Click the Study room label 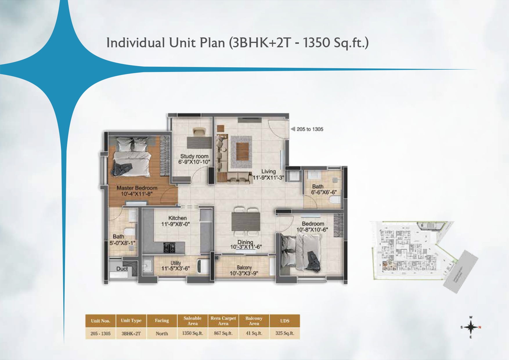pos(194,156)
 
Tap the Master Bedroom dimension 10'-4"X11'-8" pos(137,194)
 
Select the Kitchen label pos(177,218)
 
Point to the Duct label pos(122,269)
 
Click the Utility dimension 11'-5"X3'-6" pos(176,268)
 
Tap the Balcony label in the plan pos(244,267)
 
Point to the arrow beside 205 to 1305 pos(293,129)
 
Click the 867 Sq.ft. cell pos(223,333)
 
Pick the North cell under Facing pos(162,334)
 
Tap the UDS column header pos(284,321)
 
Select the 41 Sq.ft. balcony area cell pos(254,333)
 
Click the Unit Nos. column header pos(100,321)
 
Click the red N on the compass pos(480,327)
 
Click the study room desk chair pos(199,132)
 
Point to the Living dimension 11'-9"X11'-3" pos(268,177)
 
